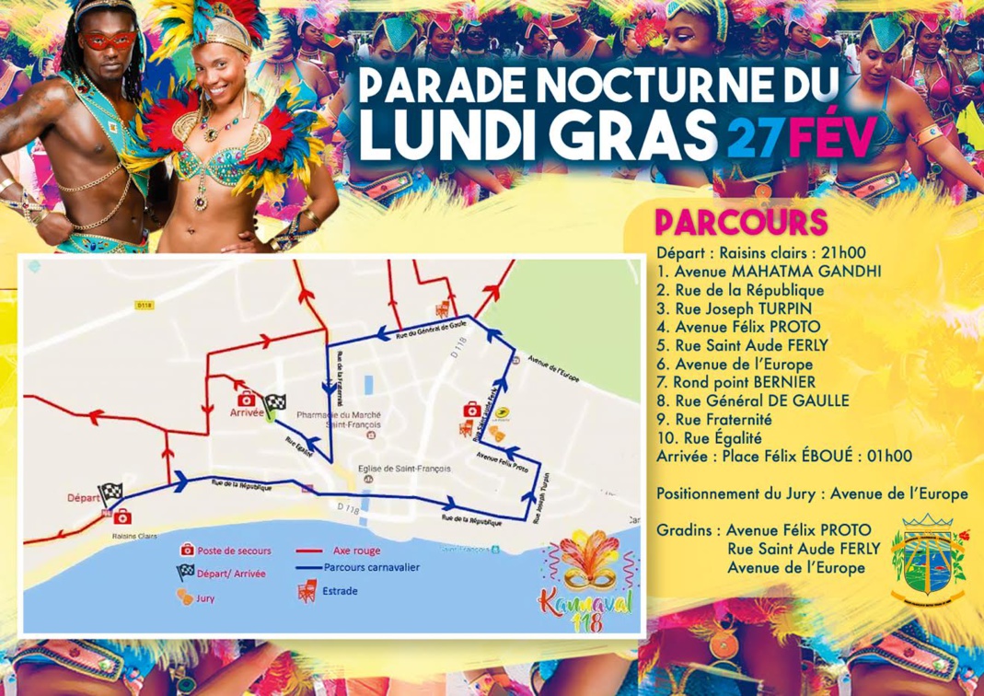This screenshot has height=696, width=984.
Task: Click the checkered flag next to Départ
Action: [111, 492]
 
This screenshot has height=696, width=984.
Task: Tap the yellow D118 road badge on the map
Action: [143, 304]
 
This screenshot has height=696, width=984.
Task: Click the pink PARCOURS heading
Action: [741, 224]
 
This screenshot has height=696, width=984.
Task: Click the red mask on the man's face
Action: [108, 40]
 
